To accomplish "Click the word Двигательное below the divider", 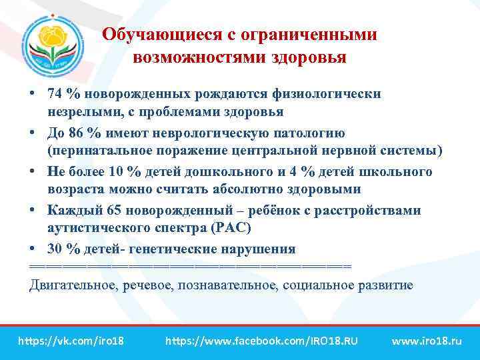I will (x=73, y=285).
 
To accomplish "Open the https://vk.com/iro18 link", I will (x=71, y=341).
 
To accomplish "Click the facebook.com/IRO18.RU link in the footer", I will (x=261, y=341).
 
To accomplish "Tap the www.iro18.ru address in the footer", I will (x=427, y=341).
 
